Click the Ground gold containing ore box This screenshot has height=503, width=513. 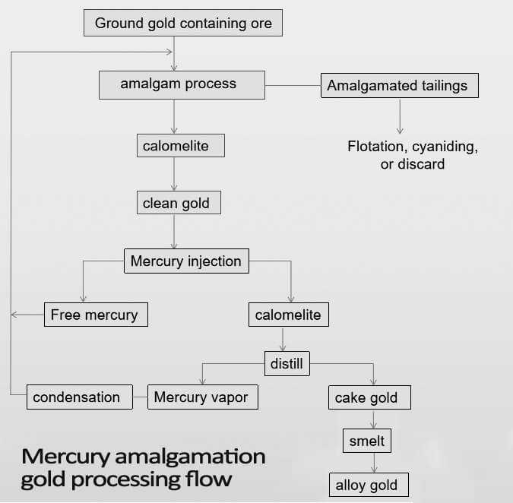[x=182, y=23]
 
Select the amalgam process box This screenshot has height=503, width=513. [x=182, y=84]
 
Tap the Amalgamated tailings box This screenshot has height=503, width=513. [x=400, y=85]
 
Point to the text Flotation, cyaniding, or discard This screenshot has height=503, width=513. [x=413, y=154]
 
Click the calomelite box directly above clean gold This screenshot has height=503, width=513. [x=181, y=145]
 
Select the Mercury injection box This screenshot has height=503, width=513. [x=185, y=261]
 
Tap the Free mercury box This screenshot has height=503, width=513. [x=95, y=314]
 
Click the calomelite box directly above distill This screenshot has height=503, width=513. [x=288, y=314]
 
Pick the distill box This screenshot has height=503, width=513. [x=287, y=363]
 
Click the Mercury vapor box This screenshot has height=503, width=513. [x=201, y=397]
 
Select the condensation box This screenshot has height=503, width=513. [x=77, y=397]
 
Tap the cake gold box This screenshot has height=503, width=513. [x=372, y=397]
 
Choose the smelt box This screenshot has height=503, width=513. [x=367, y=441]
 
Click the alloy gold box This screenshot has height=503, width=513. [x=367, y=485]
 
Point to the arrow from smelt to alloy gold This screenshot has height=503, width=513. [x=373, y=463]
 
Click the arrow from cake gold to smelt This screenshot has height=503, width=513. [x=373, y=419]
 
